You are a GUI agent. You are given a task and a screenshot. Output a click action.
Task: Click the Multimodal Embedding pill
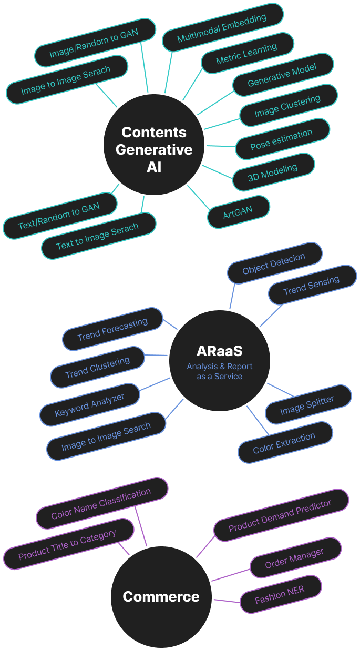(222, 28)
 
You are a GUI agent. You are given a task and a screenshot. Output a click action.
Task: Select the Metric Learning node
(246, 54)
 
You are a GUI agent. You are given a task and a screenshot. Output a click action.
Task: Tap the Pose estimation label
(282, 139)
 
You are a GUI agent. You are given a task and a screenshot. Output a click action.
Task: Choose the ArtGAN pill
(238, 211)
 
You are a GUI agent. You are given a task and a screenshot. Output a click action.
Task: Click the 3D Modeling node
(273, 173)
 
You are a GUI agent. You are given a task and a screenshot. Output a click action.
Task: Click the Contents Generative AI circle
(154, 144)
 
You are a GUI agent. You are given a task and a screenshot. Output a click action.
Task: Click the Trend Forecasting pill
(112, 329)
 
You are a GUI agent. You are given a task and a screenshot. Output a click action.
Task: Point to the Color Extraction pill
(284, 443)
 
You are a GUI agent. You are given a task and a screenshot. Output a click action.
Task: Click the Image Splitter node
(307, 404)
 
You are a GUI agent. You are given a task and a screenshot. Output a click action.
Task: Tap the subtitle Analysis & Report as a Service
(220, 371)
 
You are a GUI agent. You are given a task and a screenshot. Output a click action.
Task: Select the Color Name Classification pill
(101, 503)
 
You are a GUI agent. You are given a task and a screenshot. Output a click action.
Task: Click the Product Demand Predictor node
(281, 515)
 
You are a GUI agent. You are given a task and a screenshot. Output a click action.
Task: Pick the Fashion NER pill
(280, 594)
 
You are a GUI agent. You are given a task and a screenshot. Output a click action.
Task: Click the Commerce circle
(161, 597)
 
